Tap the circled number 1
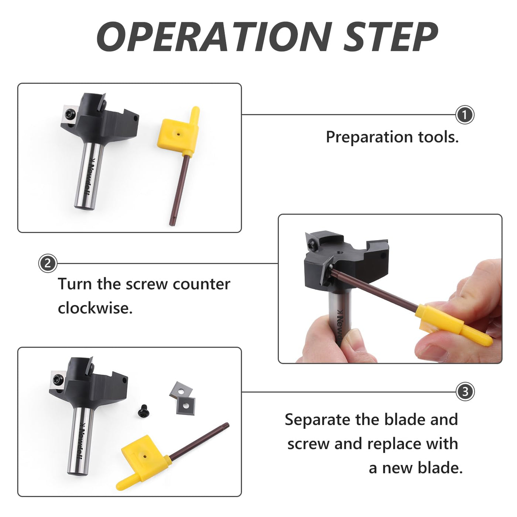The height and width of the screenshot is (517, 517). [x=465, y=115]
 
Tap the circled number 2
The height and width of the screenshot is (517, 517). [x=48, y=263]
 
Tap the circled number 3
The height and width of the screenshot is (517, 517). [x=465, y=392]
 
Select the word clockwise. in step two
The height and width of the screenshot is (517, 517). [x=95, y=308]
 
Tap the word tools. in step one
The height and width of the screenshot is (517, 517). [x=438, y=137]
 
